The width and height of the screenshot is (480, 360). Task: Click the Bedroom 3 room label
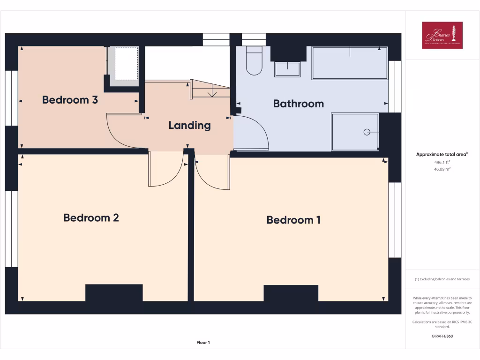click(x=70, y=99)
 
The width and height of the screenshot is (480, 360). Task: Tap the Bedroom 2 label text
click(x=91, y=217)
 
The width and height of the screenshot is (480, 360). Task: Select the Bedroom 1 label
click(x=293, y=220)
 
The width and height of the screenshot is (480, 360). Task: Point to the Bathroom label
click(x=298, y=104)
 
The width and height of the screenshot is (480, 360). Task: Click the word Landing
click(x=189, y=125)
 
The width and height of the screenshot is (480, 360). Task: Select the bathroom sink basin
click(x=287, y=69)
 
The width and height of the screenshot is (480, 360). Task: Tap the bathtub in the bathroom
click(x=350, y=63)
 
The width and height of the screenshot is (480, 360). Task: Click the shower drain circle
click(x=367, y=132)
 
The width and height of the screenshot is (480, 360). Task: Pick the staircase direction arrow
click(x=212, y=92)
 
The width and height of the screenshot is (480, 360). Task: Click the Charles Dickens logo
click(x=442, y=35)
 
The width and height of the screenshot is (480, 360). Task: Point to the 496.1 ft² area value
click(x=442, y=162)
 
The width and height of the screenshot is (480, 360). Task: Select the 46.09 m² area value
click(x=442, y=169)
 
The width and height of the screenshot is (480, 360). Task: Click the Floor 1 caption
click(x=203, y=343)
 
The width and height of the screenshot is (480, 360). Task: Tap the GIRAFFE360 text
click(x=442, y=336)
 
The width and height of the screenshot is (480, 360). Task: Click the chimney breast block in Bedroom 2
click(x=114, y=292)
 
